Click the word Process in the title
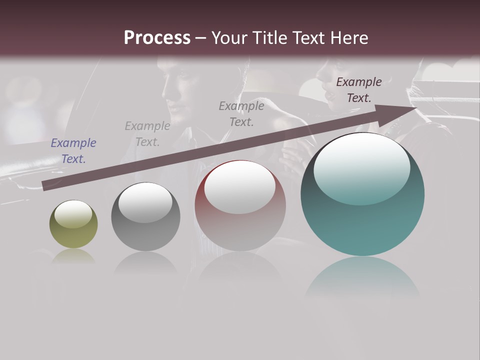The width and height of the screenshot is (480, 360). pos(157,38)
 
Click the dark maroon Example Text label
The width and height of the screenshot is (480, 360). pos(359,90)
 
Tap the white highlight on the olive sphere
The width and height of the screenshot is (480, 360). pos(73,214)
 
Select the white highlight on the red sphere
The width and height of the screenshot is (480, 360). pos(240,187)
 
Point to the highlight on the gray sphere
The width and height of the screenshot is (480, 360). pos(145,202)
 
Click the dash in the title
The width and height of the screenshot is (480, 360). pos(201,38)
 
